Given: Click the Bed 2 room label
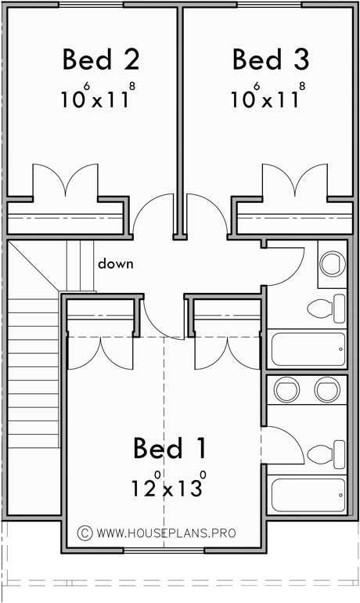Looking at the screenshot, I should pyautogui.click(x=100, y=60).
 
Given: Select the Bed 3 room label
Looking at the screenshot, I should pyautogui.click(x=270, y=60).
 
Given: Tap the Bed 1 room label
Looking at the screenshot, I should pyautogui.click(x=170, y=449).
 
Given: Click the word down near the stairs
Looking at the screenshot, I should pyautogui.click(x=115, y=264).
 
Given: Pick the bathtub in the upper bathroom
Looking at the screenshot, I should pyautogui.click(x=308, y=348).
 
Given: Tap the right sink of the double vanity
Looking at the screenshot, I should pyautogui.click(x=325, y=388).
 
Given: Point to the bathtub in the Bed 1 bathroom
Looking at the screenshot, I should pyautogui.click(x=308, y=494).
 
